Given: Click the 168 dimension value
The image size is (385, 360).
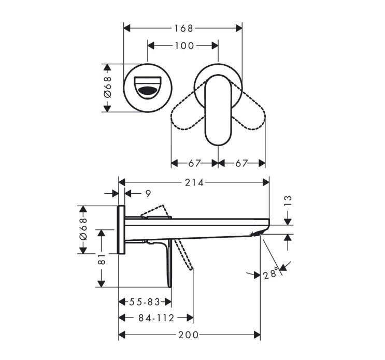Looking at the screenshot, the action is tap(183, 28).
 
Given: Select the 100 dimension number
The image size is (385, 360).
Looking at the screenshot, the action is tap(184, 46).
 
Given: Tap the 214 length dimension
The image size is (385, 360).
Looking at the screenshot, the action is tap(194, 182).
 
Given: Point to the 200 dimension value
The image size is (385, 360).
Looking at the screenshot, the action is tap(188, 335).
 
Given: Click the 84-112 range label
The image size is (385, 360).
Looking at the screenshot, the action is tap(156, 318).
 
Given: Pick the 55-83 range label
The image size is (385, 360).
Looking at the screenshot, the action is tap(145, 302).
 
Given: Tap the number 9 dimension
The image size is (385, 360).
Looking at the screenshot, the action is tap(148, 194).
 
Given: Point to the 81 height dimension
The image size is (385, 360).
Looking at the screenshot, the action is tap(102, 259).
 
